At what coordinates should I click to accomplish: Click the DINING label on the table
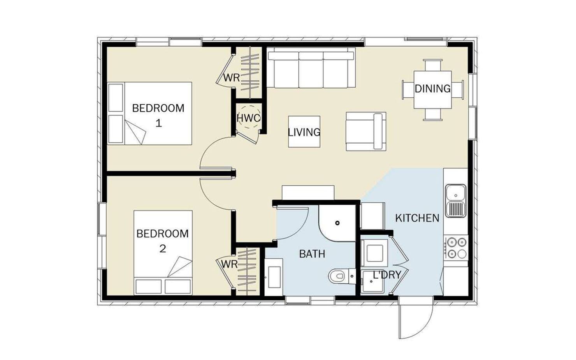[432, 88]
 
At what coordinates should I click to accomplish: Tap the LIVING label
[304, 132]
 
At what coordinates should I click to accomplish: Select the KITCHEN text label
[417, 218]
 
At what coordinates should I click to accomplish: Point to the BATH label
[312, 254]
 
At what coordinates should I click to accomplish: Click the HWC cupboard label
[248, 118]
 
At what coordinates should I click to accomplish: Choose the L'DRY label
[387, 275]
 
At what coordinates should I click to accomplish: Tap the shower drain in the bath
[337, 223]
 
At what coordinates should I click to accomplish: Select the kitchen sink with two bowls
[455, 200]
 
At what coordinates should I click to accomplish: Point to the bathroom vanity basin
[274, 277]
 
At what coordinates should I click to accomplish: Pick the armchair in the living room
[366, 131]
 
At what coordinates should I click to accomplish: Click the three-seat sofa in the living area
[311, 68]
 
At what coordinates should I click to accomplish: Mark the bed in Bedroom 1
[150, 113]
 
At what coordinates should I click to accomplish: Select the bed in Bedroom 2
[163, 253]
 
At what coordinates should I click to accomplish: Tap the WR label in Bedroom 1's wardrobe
[232, 78]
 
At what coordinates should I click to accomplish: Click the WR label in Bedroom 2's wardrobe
[229, 264]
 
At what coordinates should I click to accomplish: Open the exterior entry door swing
[416, 318]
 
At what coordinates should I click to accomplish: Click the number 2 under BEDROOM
[163, 249]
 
